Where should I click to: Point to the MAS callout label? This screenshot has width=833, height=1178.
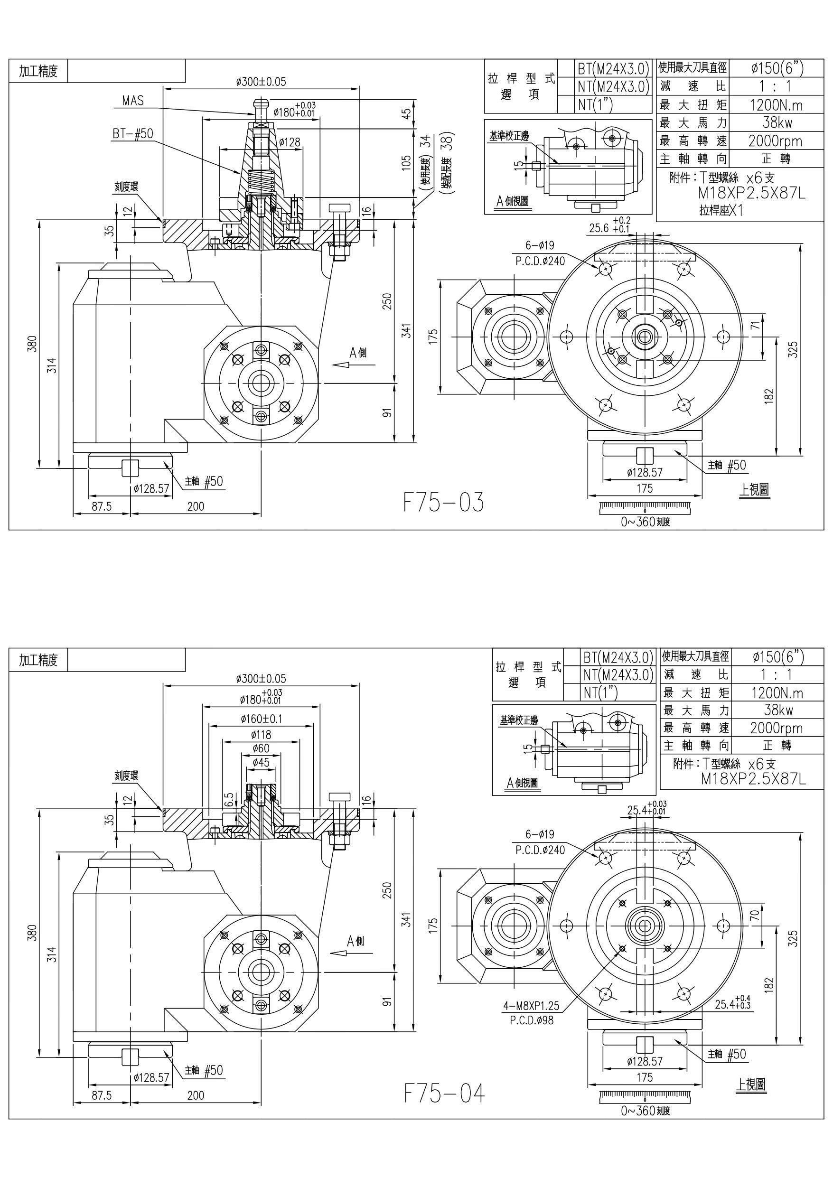133,101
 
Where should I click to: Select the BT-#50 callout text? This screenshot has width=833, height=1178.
133,133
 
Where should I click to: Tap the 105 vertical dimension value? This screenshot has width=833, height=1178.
406,163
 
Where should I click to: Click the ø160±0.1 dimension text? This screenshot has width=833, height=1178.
261,719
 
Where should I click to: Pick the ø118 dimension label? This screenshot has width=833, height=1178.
261,735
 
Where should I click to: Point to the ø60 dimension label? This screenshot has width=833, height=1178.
261,748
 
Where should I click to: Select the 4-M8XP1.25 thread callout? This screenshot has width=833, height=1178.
531,1006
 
